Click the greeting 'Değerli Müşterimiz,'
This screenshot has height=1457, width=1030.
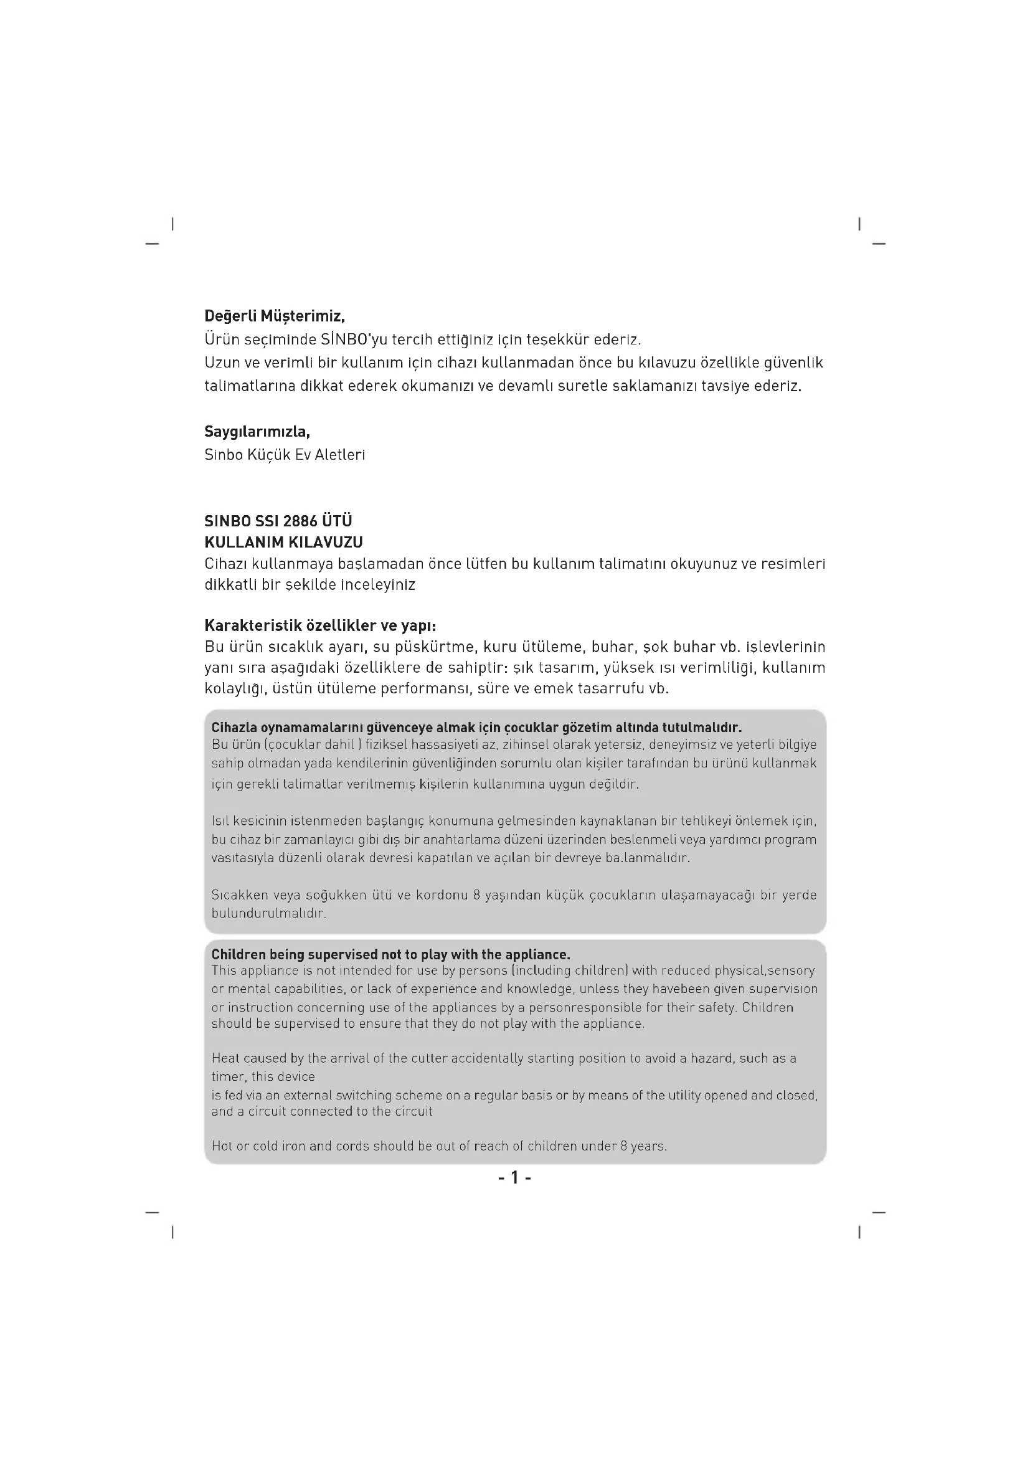point(274,316)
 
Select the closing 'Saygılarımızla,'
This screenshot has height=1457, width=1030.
point(257,432)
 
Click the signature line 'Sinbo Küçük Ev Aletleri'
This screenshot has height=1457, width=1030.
point(284,455)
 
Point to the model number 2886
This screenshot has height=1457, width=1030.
point(300,521)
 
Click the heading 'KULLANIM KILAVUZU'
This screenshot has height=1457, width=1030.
point(283,543)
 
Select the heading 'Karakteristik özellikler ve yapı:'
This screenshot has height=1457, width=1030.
point(320,625)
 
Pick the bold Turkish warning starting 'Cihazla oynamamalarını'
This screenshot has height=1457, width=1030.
point(476,727)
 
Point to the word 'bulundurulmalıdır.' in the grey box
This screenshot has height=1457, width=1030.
point(268,914)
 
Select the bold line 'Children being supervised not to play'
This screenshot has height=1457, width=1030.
point(390,954)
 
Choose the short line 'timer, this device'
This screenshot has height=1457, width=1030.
point(263,1076)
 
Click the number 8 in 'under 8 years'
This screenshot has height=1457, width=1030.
point(623,1146)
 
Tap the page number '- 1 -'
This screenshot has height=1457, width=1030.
point(514,1178)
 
